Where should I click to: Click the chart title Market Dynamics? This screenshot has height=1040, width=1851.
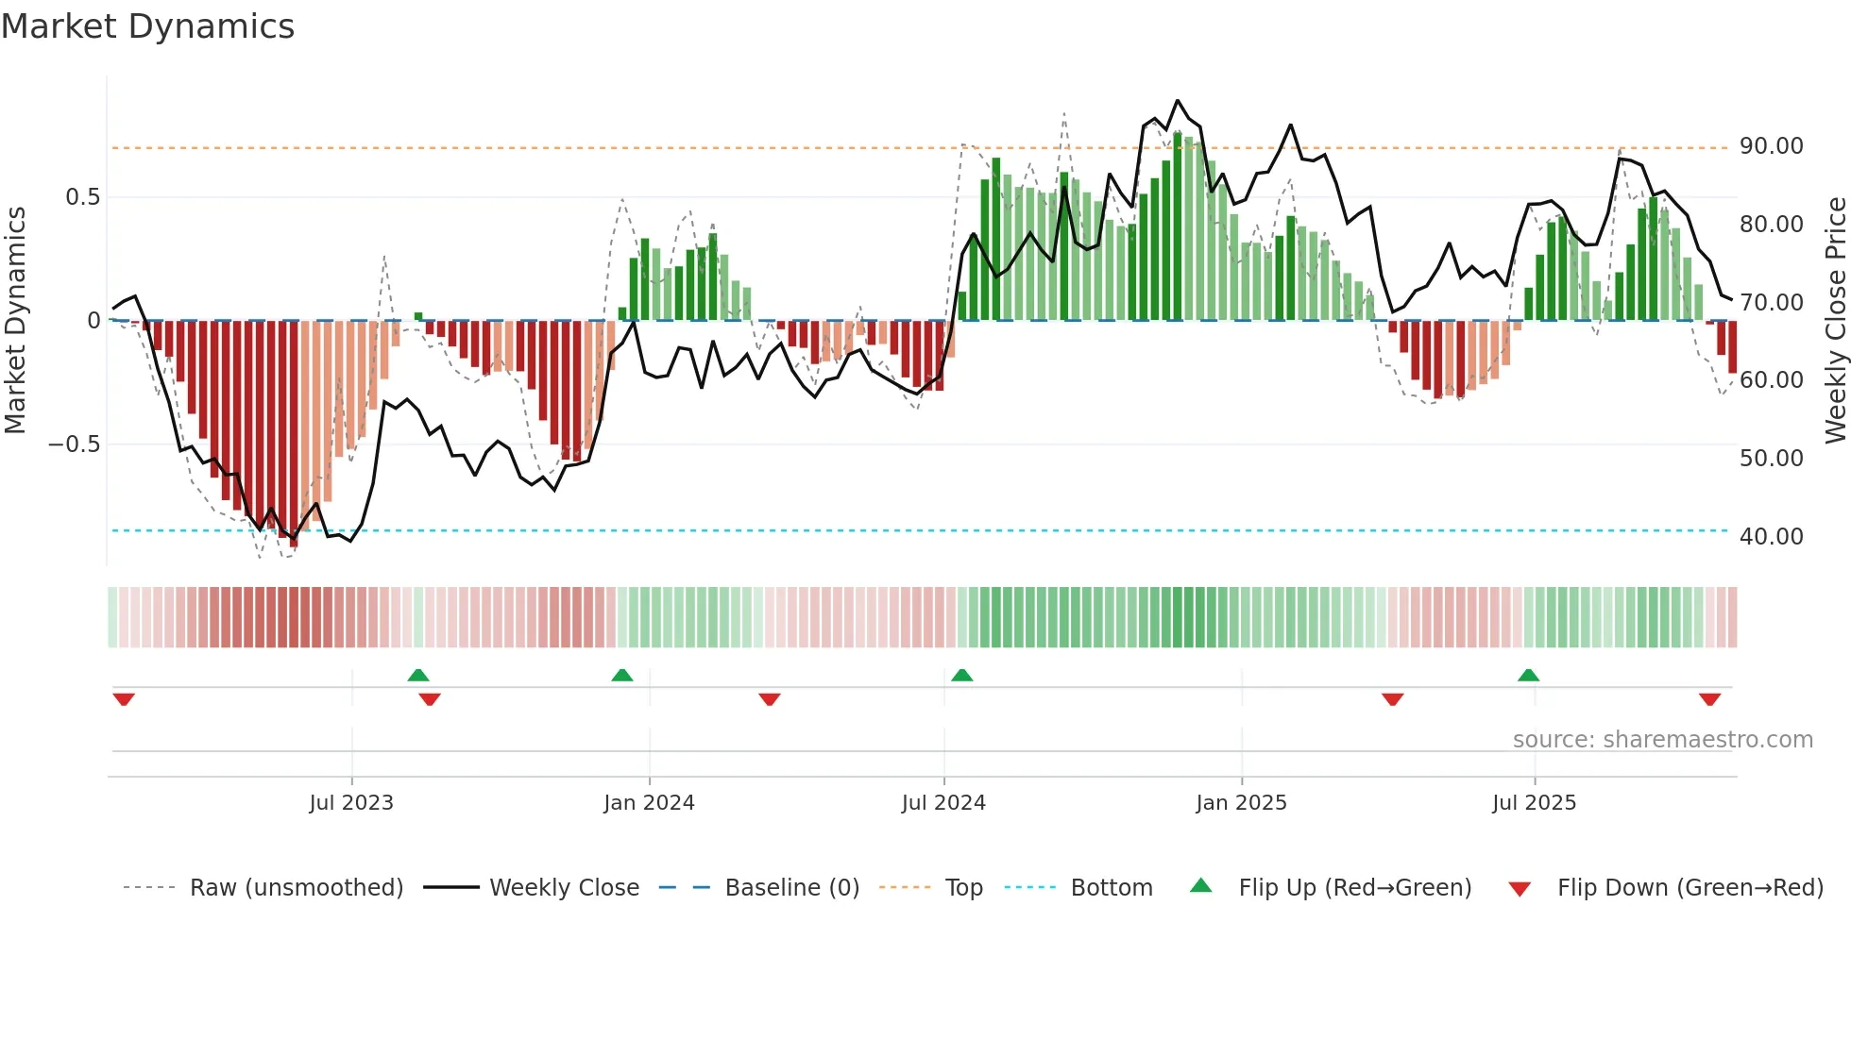(x=147, y=26)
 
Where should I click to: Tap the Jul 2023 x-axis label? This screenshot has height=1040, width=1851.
(x=351, y=803)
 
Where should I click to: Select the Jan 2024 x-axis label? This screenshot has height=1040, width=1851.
(x=649, y=803)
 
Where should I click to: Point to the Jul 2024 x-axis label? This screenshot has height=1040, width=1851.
(x=943, y=803)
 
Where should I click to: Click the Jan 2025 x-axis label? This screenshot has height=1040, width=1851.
(x=1241, y=803)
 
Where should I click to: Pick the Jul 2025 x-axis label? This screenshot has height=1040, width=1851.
(x=1535, y=803)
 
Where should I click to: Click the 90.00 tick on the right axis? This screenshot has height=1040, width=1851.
(x=1771, y=146)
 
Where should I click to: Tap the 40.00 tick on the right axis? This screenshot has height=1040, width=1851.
(x=1771, y=537)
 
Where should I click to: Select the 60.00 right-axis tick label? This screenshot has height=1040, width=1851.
(x=1771, y=380)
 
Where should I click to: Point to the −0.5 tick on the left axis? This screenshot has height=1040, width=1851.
(x=75, y=445)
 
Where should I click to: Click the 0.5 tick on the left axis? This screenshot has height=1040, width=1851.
(x=82, y=197)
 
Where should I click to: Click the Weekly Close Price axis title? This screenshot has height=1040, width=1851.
(x=1835, y=321)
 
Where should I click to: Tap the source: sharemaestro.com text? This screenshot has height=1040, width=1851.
(x=1662, y=740)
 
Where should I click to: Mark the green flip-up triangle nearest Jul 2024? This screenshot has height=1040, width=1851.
(x=961, y=675)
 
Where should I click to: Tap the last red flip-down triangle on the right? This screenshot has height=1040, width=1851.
(x=1709, y=699)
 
